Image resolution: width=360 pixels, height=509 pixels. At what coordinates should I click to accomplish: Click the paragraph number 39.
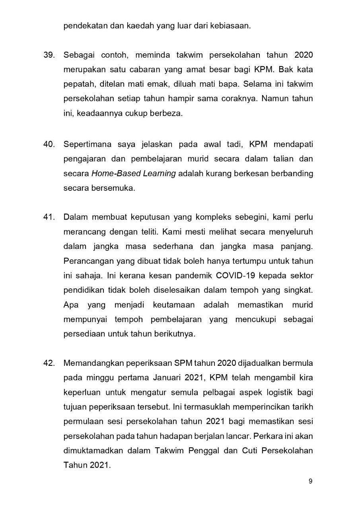pos(49,55)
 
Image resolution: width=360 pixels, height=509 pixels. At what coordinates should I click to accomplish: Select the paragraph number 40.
pos(49,144)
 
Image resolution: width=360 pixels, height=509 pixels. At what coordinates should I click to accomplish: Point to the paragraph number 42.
pos(49,363)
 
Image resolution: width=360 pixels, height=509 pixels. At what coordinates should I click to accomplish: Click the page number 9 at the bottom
pos(310,481)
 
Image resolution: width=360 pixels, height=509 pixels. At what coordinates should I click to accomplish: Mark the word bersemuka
pos(117,188)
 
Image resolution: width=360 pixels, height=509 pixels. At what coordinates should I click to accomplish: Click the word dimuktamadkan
pos(93,451)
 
